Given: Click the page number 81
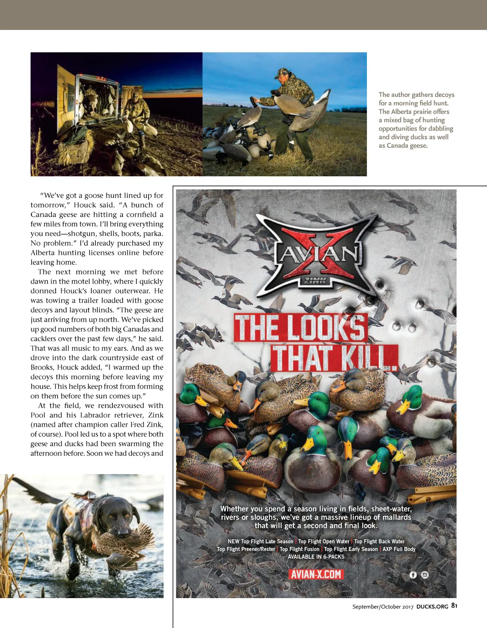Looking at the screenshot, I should (454, 606).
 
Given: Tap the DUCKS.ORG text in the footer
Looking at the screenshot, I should (432, 607).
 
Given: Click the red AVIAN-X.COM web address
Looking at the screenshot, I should (316, 575).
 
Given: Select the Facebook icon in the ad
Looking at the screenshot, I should (413, 575).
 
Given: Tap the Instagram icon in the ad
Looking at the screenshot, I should (425, 575).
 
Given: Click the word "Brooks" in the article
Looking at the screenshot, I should (42, 367).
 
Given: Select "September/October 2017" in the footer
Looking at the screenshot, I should (383, 607).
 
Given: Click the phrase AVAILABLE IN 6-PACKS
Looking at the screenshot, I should (316, 557).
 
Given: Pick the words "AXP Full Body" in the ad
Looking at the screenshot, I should (399, 549).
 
